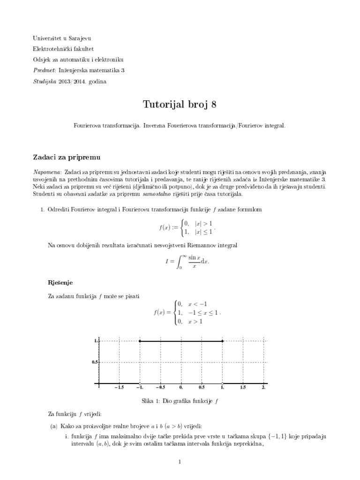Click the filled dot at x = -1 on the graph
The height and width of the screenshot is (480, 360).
pos(140,341)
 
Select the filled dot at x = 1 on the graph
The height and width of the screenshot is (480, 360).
pos(222,341)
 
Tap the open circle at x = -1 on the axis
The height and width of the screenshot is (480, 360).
pos(140,384)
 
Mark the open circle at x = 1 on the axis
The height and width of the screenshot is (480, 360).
pos(222,384)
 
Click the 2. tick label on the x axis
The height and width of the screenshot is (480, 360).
pos(263,388)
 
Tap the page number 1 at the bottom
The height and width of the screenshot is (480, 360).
pos(180,462)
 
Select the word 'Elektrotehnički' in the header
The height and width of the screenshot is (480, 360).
pos(52,49)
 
